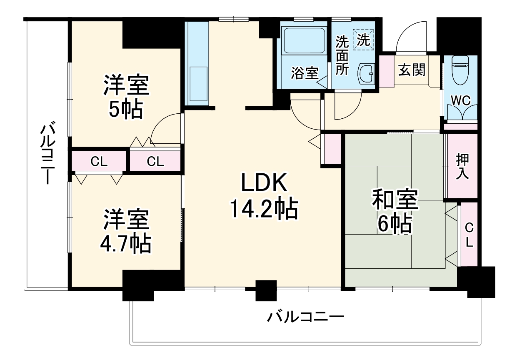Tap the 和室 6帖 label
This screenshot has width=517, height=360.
[x=395, y=211]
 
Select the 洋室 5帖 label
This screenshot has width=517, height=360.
[x=126, y=97]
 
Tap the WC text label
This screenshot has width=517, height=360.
[x=460, y=100]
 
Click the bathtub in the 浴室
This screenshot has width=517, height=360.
[x=303, y=41]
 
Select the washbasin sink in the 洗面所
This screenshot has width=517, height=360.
[x=366, y=74]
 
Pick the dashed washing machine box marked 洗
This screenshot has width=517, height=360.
[x=363, y=40]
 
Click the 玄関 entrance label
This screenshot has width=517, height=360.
[x=412, y=70]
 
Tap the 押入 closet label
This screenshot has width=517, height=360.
[x=462, y=166]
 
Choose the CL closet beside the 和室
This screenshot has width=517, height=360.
[x=469, y=235]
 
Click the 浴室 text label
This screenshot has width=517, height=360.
[x=304, y=74]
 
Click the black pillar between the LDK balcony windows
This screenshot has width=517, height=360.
[x=266, y=290]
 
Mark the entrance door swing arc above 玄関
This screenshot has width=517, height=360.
[x=410, y=37]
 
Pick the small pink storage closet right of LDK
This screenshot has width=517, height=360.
[x=332, y=149]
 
